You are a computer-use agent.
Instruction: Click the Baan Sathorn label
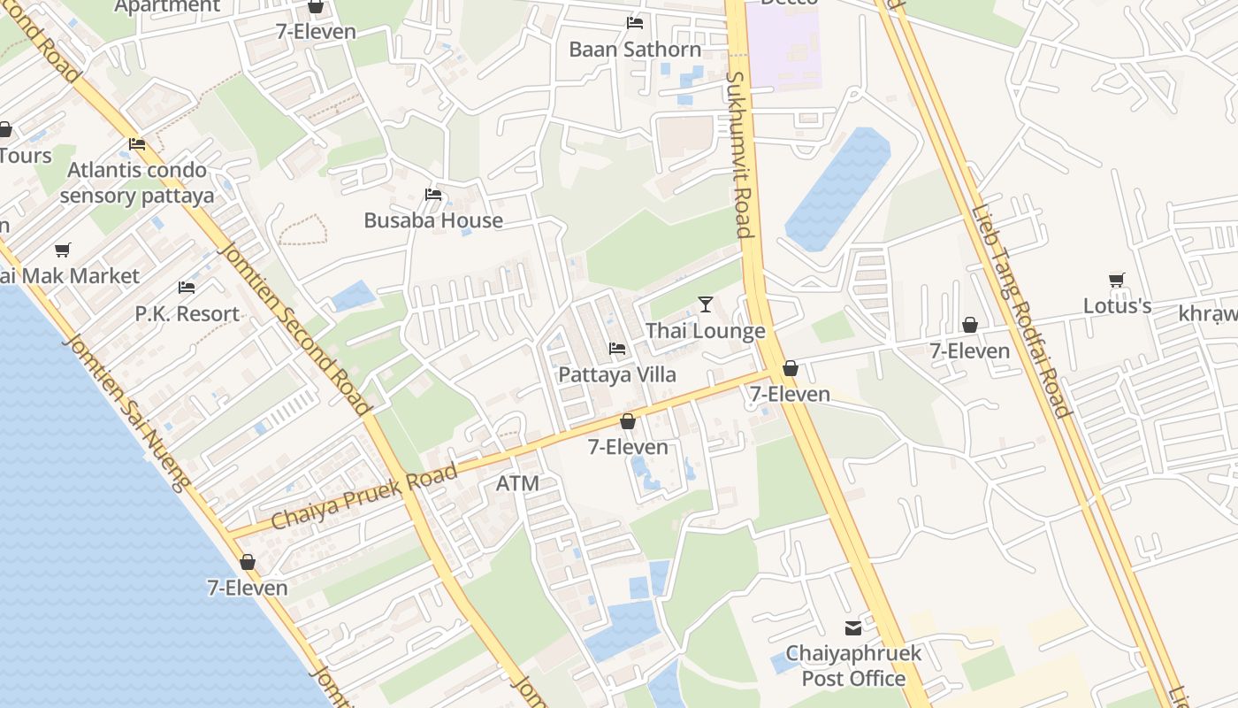635,50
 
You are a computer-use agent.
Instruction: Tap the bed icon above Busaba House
433,195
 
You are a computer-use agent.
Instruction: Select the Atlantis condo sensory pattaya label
137,183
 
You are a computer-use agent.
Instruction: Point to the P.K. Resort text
187,314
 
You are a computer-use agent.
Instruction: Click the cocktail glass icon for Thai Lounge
705,304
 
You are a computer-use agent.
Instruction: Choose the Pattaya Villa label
617,375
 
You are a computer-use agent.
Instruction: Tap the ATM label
517,484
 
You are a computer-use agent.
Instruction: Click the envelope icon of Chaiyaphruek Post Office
853,628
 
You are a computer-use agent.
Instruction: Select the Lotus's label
1117,306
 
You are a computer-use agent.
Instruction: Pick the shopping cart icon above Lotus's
1117,281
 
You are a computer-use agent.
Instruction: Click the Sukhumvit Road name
738,155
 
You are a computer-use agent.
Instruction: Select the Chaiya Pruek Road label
364,496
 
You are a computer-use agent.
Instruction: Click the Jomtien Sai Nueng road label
128,412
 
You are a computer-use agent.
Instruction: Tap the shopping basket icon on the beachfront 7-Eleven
248,563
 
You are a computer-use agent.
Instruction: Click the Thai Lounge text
705,332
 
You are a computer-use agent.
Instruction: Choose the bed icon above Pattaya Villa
617,349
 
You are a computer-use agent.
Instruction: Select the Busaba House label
433,221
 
